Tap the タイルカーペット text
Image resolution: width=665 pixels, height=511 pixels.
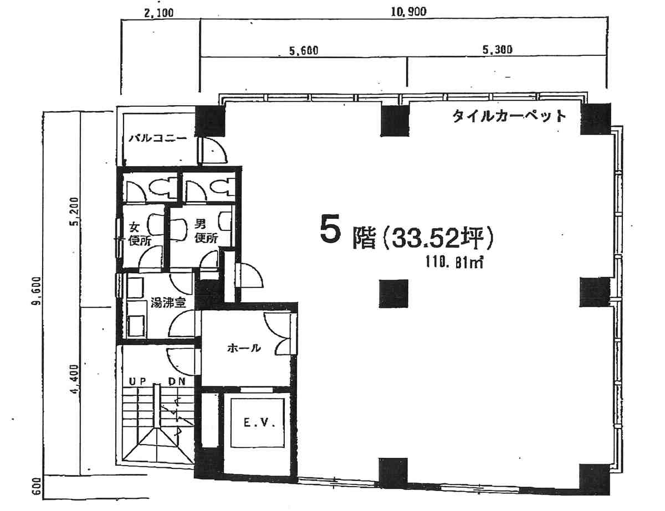coord(509,116)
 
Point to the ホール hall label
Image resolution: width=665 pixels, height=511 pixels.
coord(244,348)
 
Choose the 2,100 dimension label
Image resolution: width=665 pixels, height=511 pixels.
coord(159,13)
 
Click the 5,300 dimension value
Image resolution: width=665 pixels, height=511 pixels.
coord(497,50)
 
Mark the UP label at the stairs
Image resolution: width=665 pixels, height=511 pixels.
coord(136,382)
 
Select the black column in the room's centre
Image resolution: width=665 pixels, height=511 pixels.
coord(393,293)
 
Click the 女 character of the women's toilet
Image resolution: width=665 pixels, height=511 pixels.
coord(134,227)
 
